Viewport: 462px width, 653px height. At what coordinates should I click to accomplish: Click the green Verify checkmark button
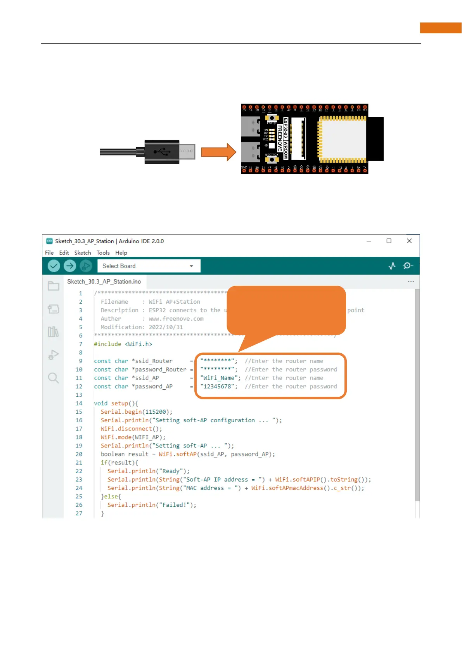coord(54,266)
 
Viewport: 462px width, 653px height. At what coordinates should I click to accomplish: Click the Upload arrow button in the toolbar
coord(70,266)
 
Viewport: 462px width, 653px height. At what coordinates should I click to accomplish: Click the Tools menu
coord(103,253)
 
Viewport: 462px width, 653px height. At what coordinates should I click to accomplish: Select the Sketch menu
coord(83,253)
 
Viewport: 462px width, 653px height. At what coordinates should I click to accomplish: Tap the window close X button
coord(409,241)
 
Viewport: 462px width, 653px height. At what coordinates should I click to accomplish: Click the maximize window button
coord(389,241)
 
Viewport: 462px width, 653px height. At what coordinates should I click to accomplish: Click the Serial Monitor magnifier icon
coord(408,266)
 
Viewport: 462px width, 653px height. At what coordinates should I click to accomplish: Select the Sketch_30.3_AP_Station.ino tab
coord(104,282)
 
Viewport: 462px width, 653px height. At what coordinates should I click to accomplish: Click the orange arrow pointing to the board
coord(218,152)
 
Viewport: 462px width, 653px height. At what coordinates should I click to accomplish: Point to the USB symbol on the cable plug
coord(162,152)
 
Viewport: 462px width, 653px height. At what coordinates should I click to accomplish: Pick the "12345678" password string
coord(218,387)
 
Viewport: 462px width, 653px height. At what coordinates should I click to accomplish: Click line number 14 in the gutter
coord(79,403)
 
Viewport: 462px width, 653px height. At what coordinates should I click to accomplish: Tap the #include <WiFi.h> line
coord(123,344)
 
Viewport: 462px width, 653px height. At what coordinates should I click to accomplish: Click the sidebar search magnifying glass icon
coord(53,378)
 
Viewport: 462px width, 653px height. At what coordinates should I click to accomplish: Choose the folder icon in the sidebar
coord(53,286)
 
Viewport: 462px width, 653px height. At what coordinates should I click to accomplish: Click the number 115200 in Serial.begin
coord(156,412)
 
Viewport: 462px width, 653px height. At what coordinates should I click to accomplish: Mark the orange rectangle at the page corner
coord(441,28)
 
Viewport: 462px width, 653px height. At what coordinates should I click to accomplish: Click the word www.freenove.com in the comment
coord(176,319)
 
